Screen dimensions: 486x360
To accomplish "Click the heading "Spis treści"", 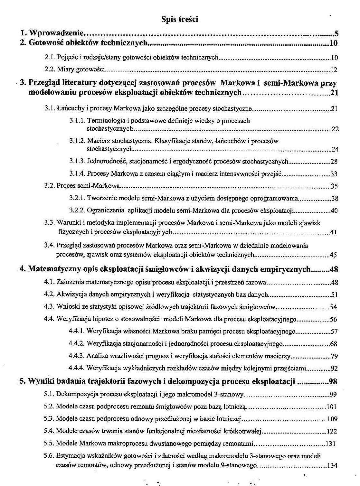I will (180, 20).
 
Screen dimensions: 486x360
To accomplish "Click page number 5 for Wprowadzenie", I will (336, 33).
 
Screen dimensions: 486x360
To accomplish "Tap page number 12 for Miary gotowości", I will (334, 70).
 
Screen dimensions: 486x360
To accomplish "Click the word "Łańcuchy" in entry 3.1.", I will (68, 108).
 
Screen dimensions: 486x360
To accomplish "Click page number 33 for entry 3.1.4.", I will (334, 174).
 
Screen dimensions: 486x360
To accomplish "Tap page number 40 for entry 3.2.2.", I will (334, 211).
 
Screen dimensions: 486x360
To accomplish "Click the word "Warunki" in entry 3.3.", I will (67, 223).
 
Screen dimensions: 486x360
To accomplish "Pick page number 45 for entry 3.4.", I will (333, 255).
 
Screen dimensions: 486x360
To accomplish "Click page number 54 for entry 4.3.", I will (333, 307).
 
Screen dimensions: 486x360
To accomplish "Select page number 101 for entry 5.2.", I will (331, 407).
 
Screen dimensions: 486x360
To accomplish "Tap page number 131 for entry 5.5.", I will (331, 444).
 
